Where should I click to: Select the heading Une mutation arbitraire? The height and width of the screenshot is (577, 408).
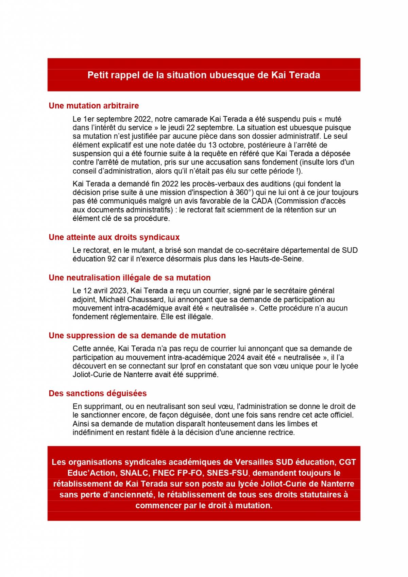(94, 106)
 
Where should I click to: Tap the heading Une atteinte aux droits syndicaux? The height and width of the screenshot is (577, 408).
(114, 237)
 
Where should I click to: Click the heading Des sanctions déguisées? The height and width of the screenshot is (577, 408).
(98, 393)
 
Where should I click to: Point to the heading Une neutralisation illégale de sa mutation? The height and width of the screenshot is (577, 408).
(130, 278)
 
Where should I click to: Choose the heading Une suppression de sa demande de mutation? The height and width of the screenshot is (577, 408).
(137, 336)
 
